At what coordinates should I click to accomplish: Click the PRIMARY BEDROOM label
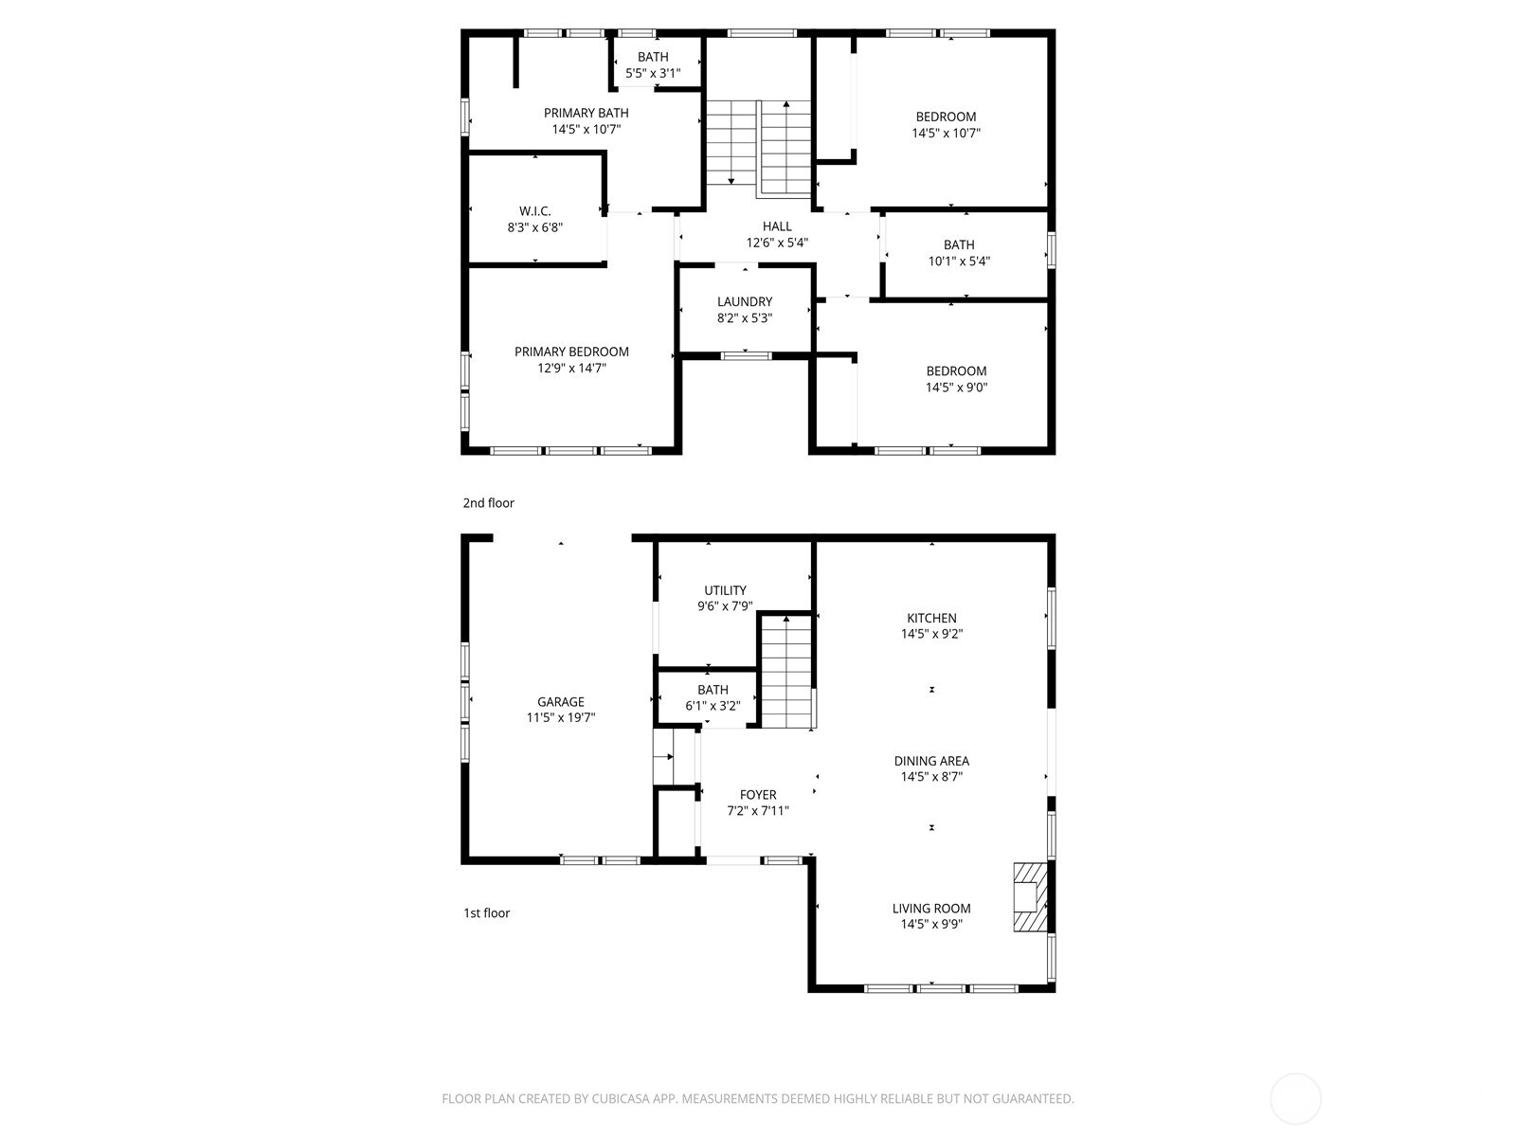tap(571, 352)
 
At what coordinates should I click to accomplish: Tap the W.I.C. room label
tap(534, 211)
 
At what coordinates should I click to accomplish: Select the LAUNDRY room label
tap(744, 301)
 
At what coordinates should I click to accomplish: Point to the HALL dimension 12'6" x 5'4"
tap(777, 243)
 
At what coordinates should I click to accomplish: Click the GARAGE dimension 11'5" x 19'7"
tap(560, 717)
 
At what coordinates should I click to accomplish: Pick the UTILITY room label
tap(725, 590)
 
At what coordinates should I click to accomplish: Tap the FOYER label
tap(758, 795)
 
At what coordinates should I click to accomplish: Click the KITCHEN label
tap(931, 618)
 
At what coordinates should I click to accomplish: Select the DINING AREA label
tap(931, 761)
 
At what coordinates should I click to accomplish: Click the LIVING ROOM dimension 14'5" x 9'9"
tap(931, 924)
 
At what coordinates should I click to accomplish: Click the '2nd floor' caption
tap(488, 503)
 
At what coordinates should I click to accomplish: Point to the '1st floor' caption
tap(486, 912)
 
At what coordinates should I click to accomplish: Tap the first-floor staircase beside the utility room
tap(786, 671)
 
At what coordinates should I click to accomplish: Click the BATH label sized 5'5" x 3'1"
tap(653, 57)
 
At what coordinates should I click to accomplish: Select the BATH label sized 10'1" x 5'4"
tap(959, 244)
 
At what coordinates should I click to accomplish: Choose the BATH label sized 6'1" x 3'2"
tap(713, 690)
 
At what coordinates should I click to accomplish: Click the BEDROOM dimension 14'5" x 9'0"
tap(956, 388)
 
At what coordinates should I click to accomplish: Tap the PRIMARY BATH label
tap(586, 113)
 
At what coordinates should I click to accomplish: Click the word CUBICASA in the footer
tap(621, 1098)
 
